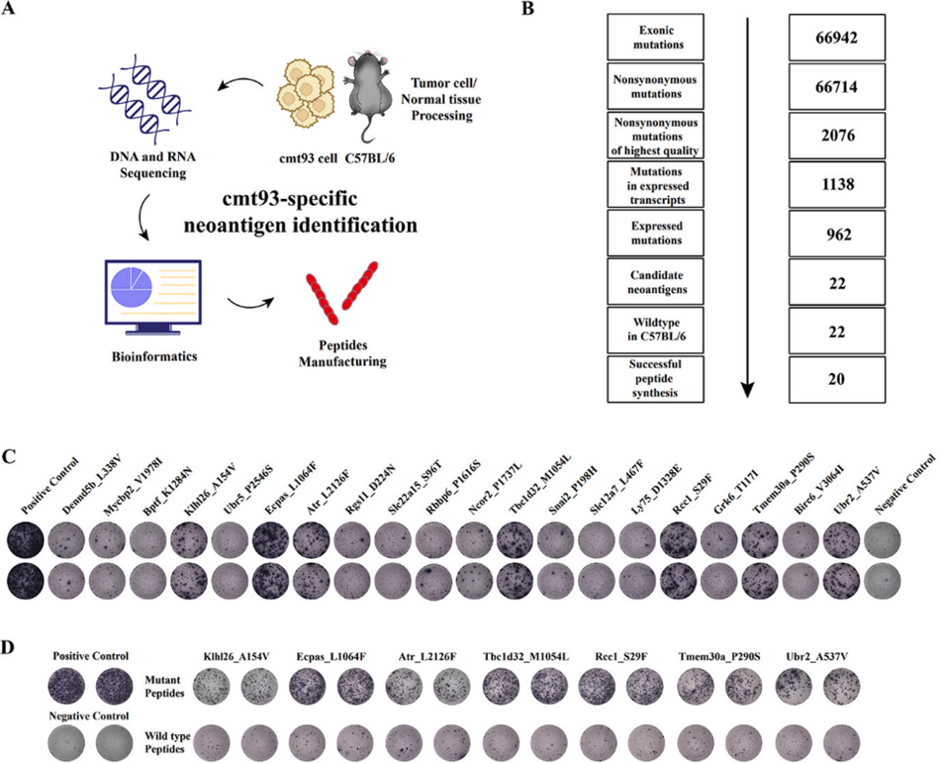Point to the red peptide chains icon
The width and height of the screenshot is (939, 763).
click(x=336, y=297)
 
